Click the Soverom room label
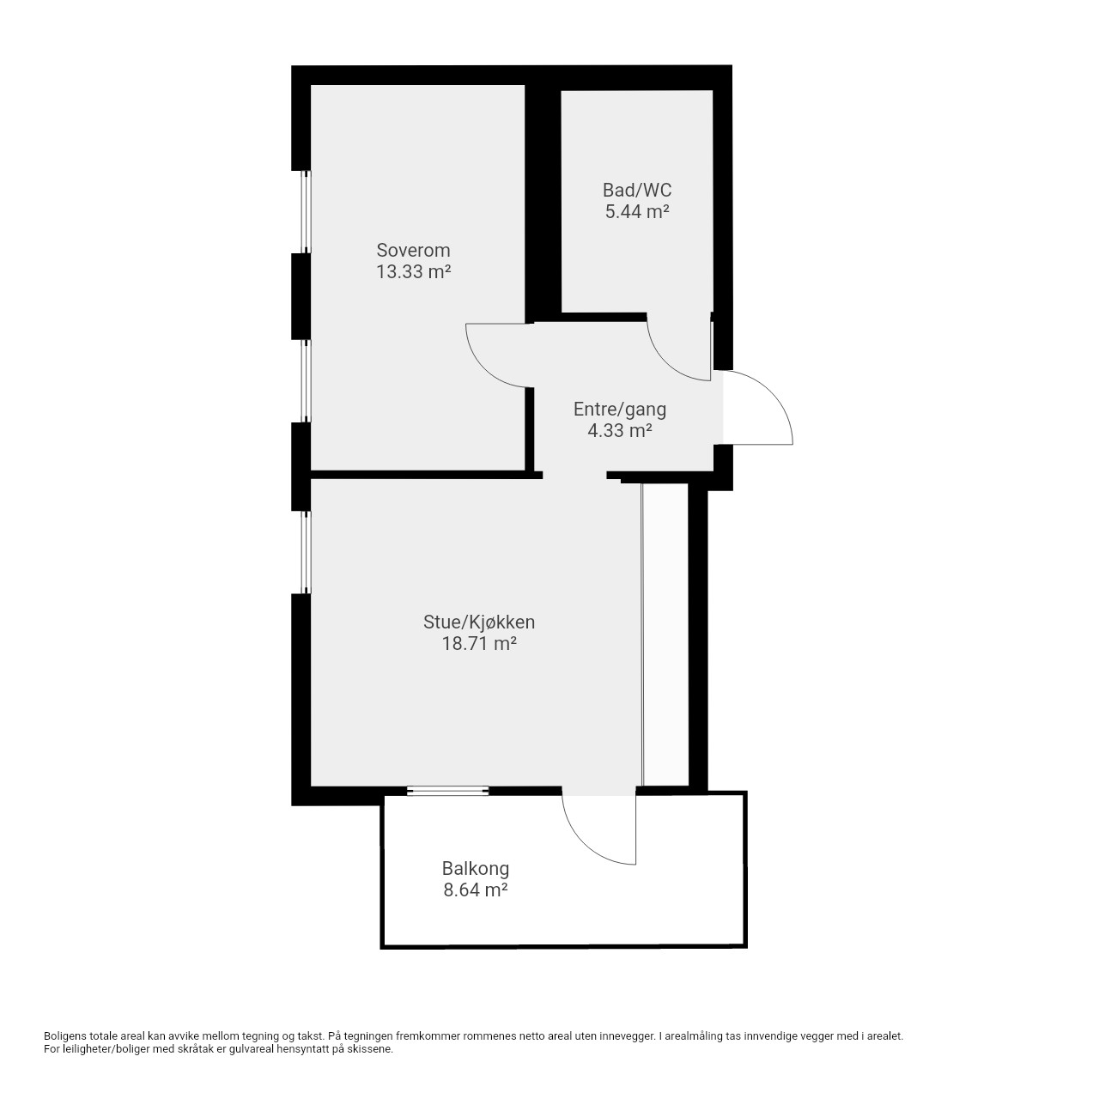[413, 250]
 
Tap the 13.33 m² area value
[413, 271]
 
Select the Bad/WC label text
[636, 190]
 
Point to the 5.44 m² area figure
[636, 211]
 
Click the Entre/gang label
[619, 410]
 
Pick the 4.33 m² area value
[619, 431]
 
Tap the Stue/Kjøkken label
[478, 622]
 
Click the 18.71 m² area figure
[478, 644]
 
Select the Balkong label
[475, 869]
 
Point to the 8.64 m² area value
[475, 890]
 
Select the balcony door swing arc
[582, 842]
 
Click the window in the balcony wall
[447, 791]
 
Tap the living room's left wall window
[307, 552]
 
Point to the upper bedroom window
[307, 211]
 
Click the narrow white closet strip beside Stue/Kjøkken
[665, 635]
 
